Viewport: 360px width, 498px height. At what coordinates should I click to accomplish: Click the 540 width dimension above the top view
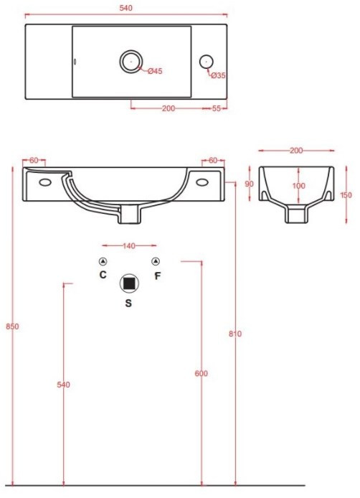(125, 8)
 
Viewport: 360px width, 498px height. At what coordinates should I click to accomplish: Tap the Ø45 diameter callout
(155, 71)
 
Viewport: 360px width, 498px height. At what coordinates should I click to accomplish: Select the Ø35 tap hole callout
(219, 75)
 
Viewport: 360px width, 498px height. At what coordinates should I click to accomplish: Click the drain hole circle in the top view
(131, 61)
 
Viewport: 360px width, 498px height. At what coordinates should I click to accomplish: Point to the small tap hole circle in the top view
(207, 62)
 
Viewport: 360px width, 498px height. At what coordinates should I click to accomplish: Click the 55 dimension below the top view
(216, 108)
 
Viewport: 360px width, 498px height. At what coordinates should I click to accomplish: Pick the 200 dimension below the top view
(169, 108)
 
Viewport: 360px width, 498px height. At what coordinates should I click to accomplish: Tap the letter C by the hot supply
(103, 274)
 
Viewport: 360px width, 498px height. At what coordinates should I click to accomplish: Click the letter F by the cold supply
(157, 276)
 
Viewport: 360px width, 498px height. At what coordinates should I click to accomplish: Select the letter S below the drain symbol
(128, 304)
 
